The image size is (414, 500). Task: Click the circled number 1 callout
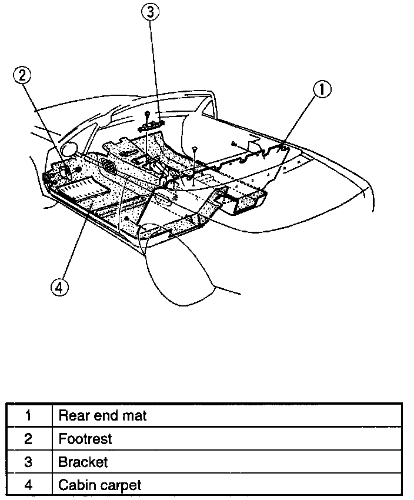(322, 90)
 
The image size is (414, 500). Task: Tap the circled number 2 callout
(22, 75)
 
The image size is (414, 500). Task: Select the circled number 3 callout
(151, 11)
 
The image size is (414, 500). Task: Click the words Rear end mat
(102, 416)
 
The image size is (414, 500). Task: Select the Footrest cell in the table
(85, 439)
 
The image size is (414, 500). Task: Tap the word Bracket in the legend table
(83, 462)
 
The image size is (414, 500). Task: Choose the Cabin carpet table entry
(99, 485)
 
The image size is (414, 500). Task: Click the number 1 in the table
(28, 416)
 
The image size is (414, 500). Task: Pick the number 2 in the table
(28, 439)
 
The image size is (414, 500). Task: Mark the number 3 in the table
(28, 462)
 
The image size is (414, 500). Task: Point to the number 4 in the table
(28, 485)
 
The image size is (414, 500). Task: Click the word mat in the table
(135, 416)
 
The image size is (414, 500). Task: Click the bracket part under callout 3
(151, 125)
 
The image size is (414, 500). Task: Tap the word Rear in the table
(72, 416)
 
